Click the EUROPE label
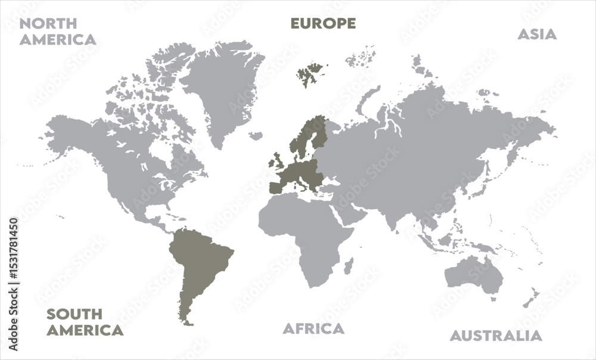[x=323, y=23]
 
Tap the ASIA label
[x=536, y=34]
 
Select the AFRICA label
[x=313, y=328]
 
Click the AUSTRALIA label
[x=496, y=336]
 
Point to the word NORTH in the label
[x=48, y=24]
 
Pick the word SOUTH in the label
[x=74, y=314]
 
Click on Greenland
[x=223, y=89]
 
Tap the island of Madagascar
[x=349, y=265]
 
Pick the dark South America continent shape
[x=200, y=262]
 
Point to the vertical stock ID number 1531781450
[x=14, y=283]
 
